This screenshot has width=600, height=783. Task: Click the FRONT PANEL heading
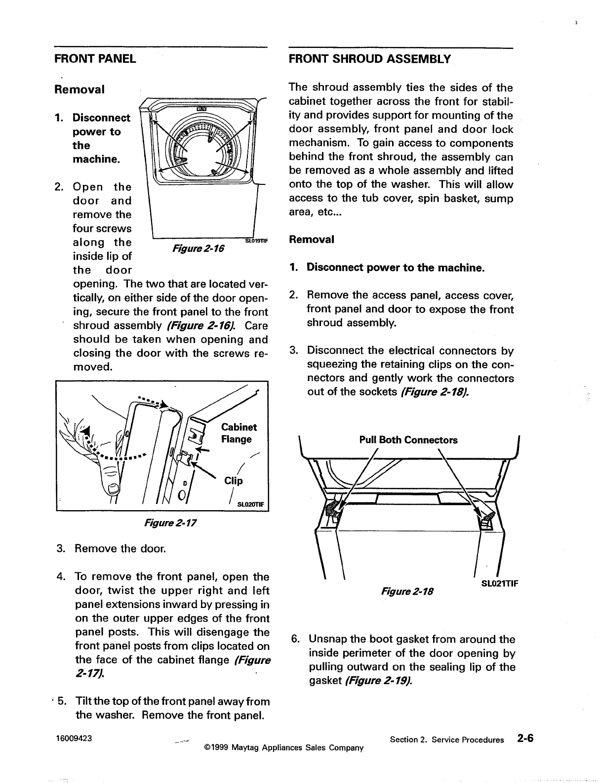click(x=95, y=59)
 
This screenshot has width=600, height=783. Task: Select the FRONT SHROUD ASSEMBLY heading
click(x=369, y=59)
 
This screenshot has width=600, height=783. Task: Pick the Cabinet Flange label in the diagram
click(x=239, y=433)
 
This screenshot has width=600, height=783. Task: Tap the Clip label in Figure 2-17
click(x=234, y=481)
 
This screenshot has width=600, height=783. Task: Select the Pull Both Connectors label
click(x=408, y=440)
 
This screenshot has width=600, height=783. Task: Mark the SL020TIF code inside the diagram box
click(x=251, y=505)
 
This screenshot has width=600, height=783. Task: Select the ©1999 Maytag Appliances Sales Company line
click(x=283, y=747)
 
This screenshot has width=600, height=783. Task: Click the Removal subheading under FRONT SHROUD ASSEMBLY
click(x=312, y=240)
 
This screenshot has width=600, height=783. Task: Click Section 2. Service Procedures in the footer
click(x=447, y=740)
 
